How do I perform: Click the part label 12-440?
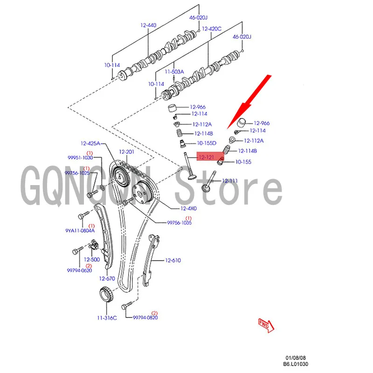(149, 24)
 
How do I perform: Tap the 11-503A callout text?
(174, 72)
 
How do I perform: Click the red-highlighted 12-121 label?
(207, 158)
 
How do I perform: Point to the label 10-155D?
(207, 143)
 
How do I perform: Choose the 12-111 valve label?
(230, 180)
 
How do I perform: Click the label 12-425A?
(90, 144)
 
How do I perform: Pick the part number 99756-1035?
(180, 223)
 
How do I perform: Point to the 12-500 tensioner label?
(92, 259)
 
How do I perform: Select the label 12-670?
(107, 278)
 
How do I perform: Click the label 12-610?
(173, 261)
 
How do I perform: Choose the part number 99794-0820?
(145, 318)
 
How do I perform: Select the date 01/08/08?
(297, 357)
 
